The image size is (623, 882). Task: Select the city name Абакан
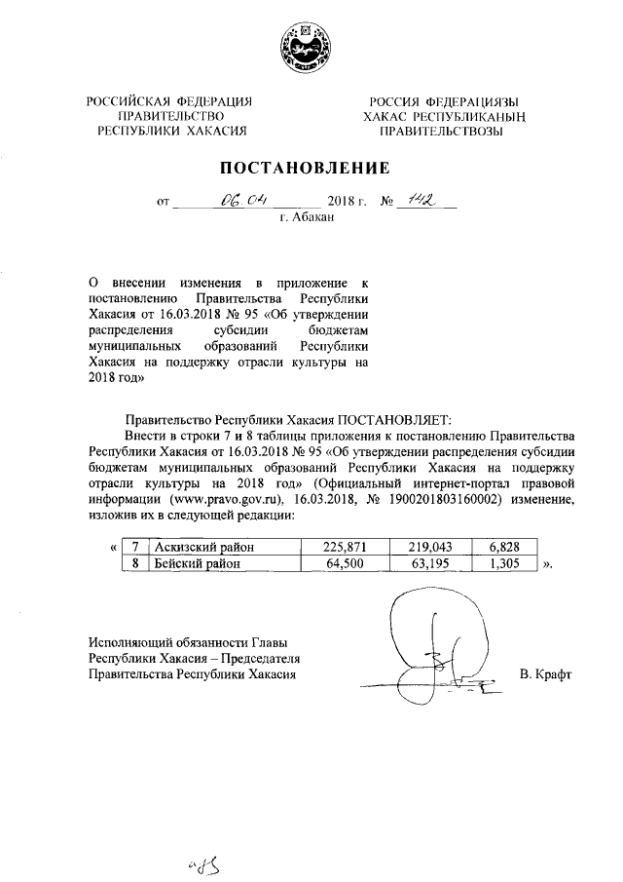pyautogui.click(x=307, y=218)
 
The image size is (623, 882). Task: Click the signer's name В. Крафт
pyautogui.click(x=547, y=674)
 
